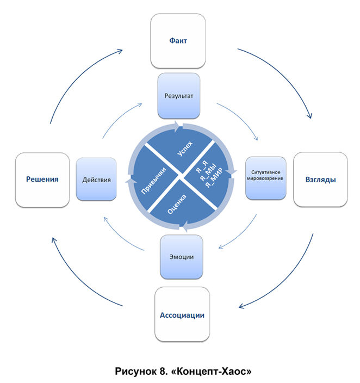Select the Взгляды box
[320, 179]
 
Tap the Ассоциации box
[182, 315]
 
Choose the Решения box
[43, 180]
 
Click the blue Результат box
[179, 96]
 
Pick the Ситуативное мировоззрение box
[266, 178]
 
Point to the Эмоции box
[182, 256]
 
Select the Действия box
[96, 180]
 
